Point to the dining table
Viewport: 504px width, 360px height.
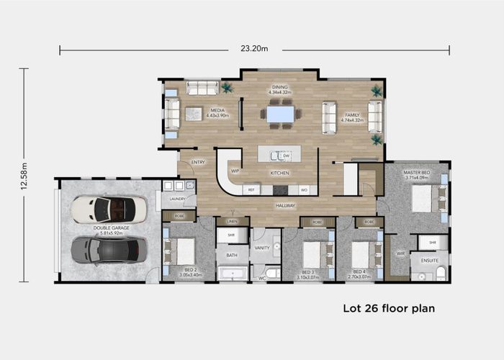280,114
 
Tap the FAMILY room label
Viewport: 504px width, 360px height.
352,114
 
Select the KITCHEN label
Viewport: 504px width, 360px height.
279,173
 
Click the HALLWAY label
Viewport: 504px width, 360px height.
285,205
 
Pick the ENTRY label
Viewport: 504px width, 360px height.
198,162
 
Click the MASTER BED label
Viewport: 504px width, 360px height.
417,172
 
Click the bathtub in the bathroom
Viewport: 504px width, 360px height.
232,273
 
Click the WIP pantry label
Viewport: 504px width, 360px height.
235,171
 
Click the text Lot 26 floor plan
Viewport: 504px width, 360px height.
388,309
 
